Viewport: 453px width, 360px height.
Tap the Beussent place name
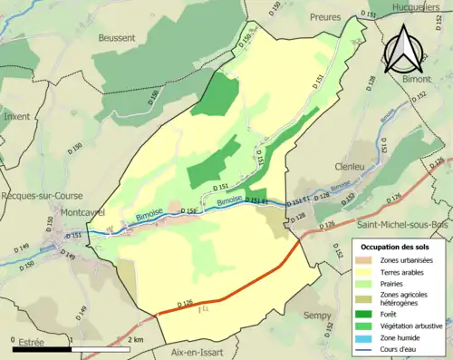[114, 38]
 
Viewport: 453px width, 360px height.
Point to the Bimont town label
[419, 79]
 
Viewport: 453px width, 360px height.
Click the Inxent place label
[16, 116]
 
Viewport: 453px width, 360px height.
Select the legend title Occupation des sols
[399, 247]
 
